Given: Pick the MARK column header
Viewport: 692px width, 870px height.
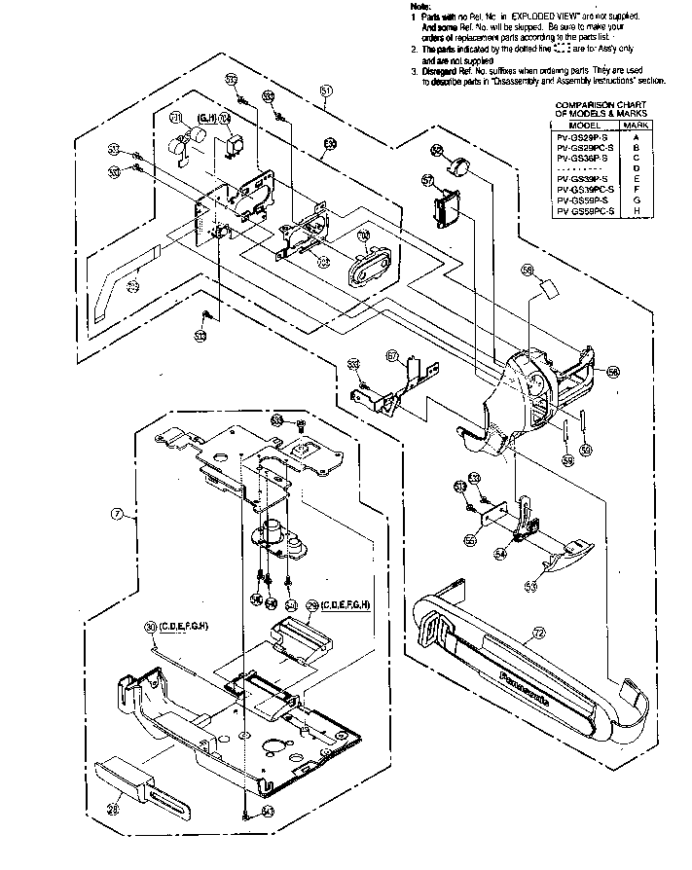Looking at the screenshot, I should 636,126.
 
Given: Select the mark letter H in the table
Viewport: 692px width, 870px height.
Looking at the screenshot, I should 636,210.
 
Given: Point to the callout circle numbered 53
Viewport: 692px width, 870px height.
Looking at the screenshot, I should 531,586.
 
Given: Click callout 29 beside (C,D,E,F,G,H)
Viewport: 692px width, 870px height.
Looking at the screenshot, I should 312,605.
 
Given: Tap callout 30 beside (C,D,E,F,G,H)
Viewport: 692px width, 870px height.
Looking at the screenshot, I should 150,625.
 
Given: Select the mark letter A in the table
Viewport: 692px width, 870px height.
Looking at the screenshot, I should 636,136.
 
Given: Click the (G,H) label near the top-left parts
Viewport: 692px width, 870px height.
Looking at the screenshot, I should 206,118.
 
